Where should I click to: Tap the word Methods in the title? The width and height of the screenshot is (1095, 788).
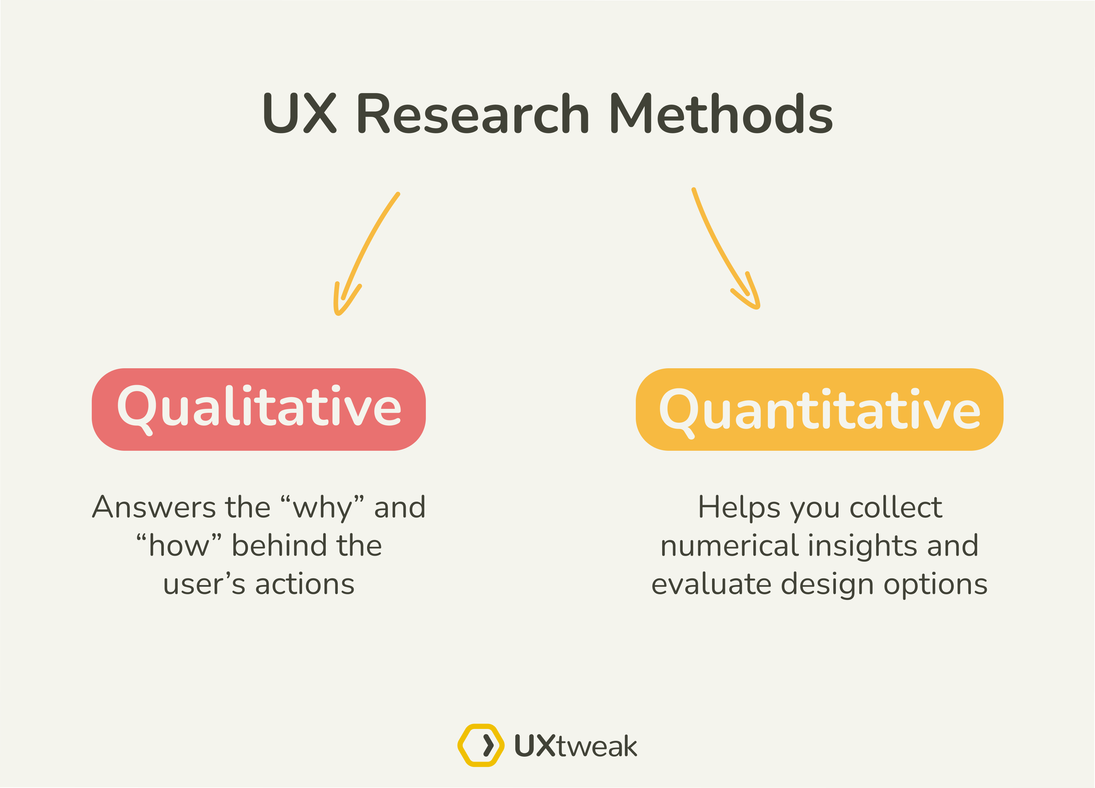tap(722, 114)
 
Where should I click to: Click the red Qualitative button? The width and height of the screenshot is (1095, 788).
tap(259, 409)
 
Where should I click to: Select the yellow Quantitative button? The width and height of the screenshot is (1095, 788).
tap(820, 409)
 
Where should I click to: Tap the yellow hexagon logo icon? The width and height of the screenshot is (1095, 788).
tap(481, 745)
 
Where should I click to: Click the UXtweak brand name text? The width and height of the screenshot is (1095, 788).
tap(575, 746)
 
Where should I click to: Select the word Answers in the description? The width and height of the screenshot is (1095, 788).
tap(154, 507)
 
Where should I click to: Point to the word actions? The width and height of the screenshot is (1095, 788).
tap(305, 584)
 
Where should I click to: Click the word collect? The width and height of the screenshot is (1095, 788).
tap(896, 507)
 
